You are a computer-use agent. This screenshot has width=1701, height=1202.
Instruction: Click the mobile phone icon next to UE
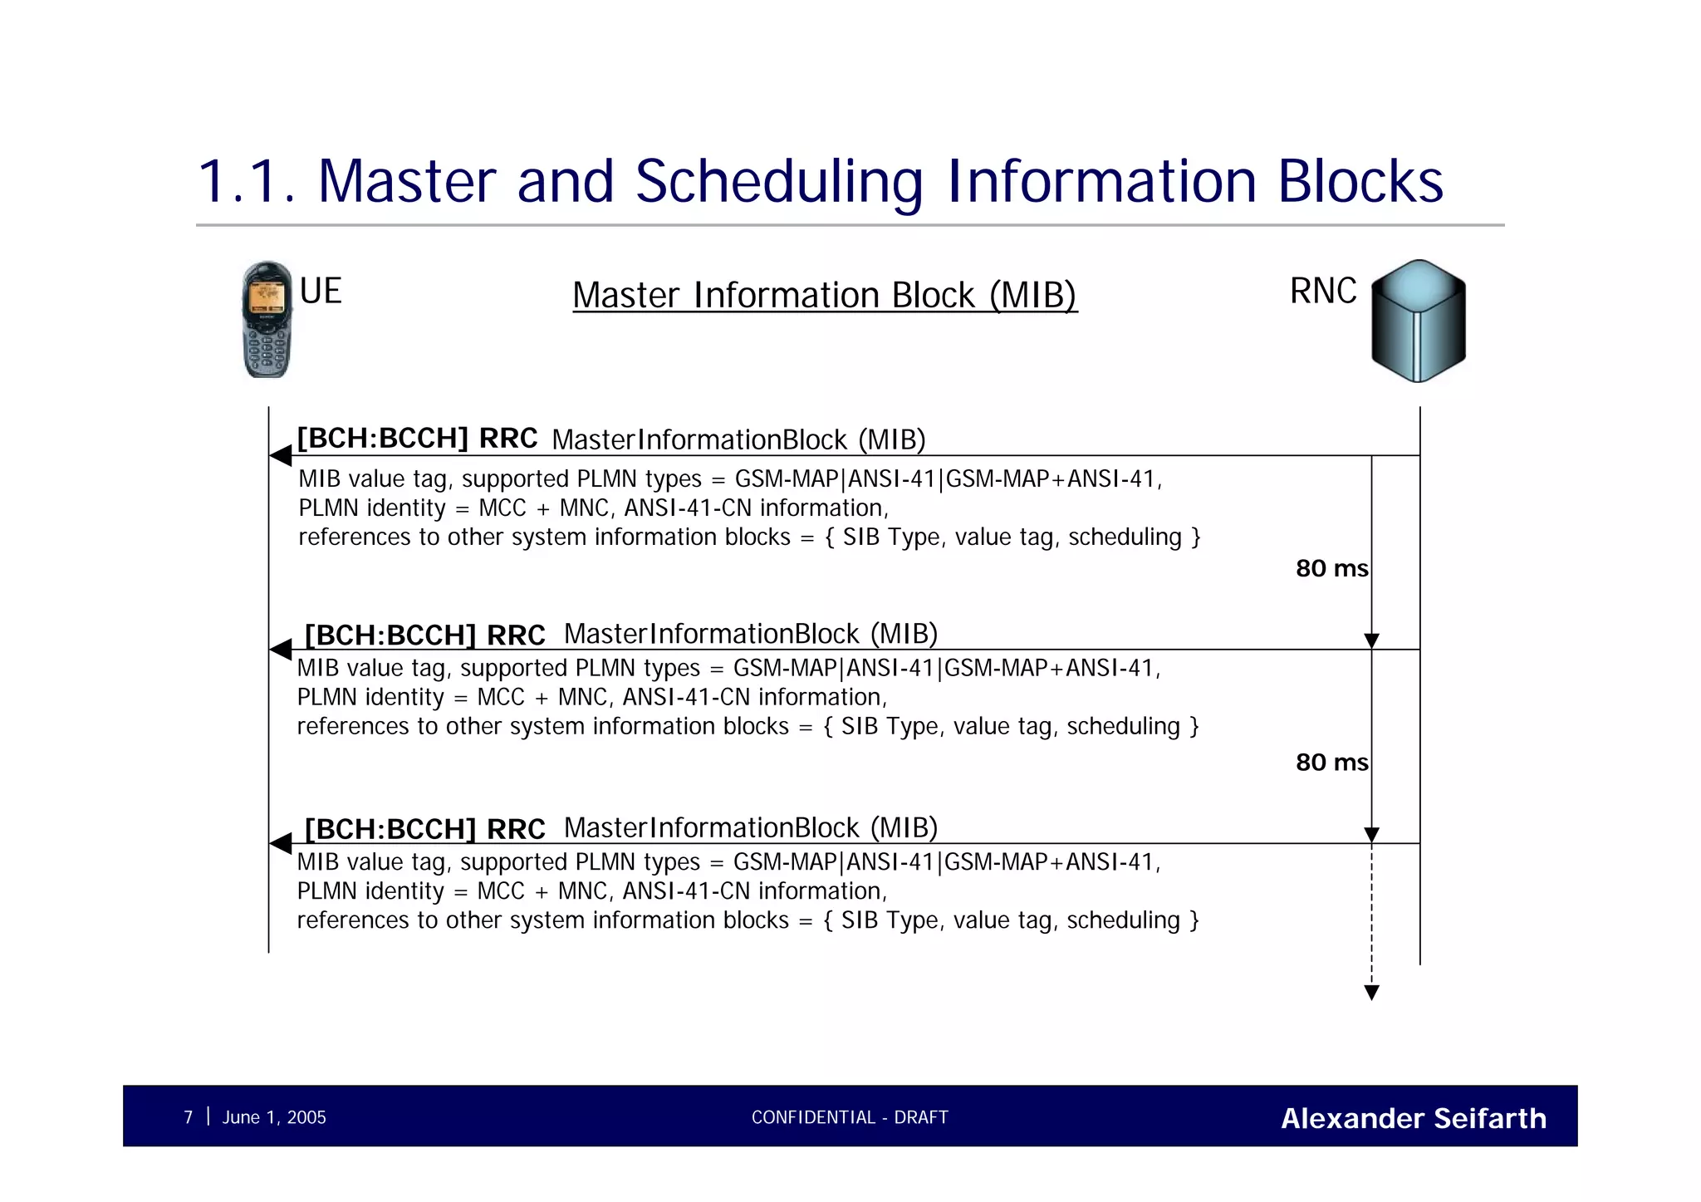[267, 320]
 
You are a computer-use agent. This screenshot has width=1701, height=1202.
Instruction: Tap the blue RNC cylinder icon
[1418, 321]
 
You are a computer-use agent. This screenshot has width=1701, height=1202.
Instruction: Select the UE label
[321, 292]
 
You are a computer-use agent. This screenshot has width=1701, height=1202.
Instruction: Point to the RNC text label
[1323, 292]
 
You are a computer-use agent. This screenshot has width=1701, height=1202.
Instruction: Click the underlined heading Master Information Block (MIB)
[825, 296]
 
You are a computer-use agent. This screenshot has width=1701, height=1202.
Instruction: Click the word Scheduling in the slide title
[779, 182]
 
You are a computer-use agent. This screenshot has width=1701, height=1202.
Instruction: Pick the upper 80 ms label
[1331, 569]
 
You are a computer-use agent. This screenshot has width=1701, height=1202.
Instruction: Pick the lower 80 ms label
[1331, 763]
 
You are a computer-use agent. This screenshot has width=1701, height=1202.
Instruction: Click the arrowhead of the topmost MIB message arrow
[281, 455]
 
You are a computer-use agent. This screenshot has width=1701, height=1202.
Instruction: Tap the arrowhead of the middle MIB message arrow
[281, 649]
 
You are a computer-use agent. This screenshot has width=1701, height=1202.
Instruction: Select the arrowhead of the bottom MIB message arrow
[281, 843]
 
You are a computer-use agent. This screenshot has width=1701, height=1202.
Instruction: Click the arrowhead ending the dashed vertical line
[1372, 993]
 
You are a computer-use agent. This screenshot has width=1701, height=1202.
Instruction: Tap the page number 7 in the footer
[189, 1117]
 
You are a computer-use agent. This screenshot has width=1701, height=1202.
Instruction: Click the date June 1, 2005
[274, 1117]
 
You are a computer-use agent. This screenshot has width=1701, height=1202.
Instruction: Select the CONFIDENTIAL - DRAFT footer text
[850, 1117]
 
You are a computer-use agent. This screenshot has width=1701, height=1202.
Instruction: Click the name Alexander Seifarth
[1414, 1118]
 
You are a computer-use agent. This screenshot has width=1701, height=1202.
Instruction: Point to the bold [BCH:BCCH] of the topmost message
[383, 439]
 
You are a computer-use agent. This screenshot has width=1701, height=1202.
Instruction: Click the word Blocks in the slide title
[1360, 182]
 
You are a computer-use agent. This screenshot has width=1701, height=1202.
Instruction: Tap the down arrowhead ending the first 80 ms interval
[1372, 640]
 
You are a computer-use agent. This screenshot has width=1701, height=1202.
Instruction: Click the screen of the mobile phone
[267, 297]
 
